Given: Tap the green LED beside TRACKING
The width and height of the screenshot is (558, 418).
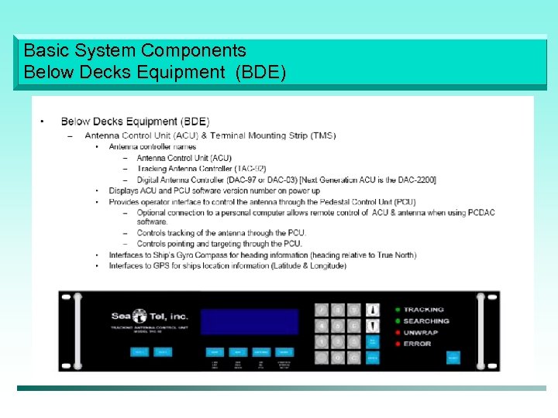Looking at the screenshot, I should tap(398, 310).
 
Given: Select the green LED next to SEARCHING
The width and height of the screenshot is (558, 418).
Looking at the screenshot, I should tap(398, 321).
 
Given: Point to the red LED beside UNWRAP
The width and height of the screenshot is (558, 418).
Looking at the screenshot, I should tap(398, 332).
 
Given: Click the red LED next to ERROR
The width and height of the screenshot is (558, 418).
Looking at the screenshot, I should tap(398, 344).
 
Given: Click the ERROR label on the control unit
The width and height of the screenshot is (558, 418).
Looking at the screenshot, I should tap(417, 344).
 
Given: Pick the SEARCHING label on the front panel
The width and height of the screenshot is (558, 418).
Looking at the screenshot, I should tap(426, 321).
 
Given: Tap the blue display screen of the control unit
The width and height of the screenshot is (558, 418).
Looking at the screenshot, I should tap(249, 321).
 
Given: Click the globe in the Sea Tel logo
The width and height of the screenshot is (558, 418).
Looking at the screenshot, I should tap(139, 316).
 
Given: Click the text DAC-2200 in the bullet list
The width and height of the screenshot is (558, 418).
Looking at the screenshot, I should tap(418, 180).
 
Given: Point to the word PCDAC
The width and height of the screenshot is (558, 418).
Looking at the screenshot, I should tap(480, 212).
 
